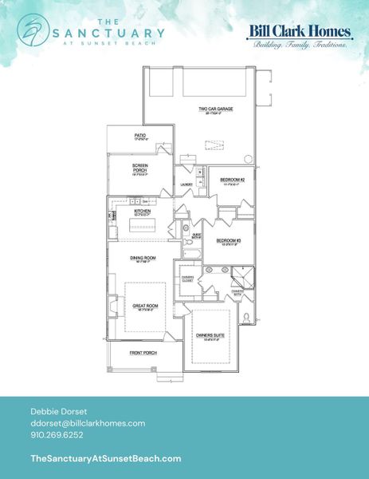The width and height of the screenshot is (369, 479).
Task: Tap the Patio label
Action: point(140,137)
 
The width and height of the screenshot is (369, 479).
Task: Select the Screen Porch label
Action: point(140,168)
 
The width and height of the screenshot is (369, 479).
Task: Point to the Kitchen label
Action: point(143,212)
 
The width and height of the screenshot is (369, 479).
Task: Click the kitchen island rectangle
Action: point(142,227)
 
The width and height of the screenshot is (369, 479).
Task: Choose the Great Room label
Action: point(143,305)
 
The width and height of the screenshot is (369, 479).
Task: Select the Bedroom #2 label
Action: point(231,180)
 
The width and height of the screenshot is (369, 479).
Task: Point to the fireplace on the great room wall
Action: point(112,304)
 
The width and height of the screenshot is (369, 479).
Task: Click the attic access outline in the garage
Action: point(213,144)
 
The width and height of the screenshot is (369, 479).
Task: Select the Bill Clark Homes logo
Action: point(300,36)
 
